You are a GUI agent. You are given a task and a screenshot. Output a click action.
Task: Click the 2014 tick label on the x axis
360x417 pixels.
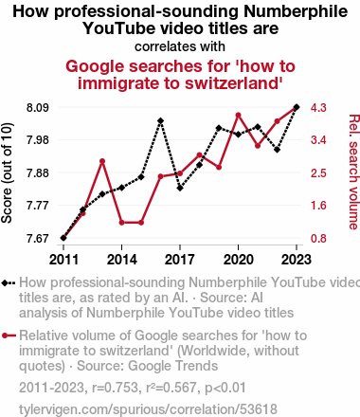[x=122, y=260]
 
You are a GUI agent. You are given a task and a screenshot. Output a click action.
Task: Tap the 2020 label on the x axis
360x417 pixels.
[x=239, y=260]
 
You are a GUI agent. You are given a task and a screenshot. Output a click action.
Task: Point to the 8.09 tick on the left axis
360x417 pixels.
[x=38, y=108]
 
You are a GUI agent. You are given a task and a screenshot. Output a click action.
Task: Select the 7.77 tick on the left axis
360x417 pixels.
[x=38, y=206]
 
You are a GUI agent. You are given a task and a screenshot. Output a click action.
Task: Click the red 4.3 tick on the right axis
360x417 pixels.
[x=318, y=108]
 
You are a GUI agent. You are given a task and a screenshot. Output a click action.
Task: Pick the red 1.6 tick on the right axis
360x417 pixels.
[x=318, y=206]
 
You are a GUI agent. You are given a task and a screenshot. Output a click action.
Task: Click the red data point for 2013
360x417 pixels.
[x=102, y=161]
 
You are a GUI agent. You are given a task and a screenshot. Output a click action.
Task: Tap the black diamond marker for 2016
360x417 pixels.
[x=160, y=120]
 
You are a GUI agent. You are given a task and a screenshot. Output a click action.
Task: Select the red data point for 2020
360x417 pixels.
[x=239, y=116]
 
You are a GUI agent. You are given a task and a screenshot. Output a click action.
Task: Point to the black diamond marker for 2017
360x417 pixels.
[x=180, y=188]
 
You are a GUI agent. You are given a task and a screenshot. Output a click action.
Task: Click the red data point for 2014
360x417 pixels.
[x=122, y=223]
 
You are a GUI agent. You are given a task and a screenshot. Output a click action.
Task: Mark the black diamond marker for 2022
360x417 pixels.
[x=277, y=150]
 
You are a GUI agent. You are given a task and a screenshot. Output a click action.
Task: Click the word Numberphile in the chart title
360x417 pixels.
[x=296, y=11]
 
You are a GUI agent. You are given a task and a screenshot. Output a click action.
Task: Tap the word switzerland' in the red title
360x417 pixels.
[x=233, y=83]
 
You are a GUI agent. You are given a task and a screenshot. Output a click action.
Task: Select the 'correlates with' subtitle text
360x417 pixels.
[x=180, y=46]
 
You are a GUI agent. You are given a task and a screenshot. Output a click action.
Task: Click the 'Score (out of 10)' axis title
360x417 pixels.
[x=7, y=173]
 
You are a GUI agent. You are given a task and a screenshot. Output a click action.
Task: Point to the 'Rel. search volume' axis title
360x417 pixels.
[x=353, y=172]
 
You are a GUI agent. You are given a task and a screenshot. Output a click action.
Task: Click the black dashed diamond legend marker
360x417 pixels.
[x=9, y=282]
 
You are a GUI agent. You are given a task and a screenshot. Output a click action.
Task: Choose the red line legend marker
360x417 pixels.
[x=9, y=335]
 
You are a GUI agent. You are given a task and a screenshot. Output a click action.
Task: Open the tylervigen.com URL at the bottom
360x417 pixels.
[x=148, y=409]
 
